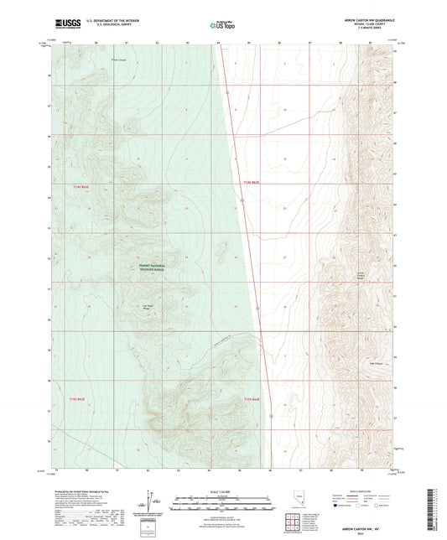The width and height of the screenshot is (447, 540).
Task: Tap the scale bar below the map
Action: tap(223, 500)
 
